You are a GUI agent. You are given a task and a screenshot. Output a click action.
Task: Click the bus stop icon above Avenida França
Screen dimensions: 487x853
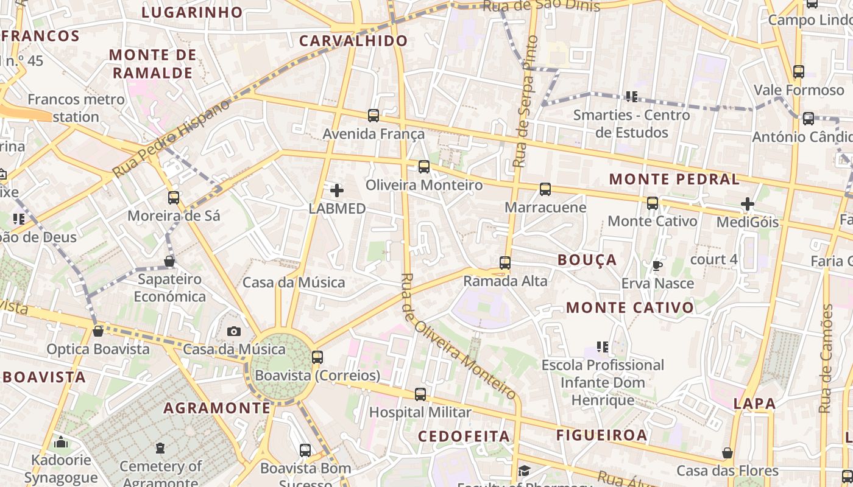tap(373, 115)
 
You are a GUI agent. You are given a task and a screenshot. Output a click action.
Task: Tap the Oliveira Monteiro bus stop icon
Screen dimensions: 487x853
tap(424, 166)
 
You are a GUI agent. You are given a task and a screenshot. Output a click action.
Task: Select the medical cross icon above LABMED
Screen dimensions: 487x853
tap(337, 191)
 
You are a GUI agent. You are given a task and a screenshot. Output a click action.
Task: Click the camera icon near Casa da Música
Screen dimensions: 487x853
tap(234, 331)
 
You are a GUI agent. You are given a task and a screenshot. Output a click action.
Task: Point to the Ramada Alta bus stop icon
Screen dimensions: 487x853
tap(505, 262)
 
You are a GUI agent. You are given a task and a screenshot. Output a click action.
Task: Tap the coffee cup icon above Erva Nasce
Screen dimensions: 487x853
tap(657, 265)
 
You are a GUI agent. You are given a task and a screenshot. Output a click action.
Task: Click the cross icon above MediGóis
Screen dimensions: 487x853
tap(748, 204)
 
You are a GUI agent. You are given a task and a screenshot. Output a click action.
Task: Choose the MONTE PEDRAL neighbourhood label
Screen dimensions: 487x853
tap(674, 179)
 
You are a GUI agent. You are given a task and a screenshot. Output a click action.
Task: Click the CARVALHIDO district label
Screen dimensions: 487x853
tap(353, 41)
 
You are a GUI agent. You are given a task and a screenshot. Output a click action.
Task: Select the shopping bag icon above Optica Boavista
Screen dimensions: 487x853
tap(98, 331)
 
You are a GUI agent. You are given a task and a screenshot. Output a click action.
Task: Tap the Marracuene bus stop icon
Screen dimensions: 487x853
tap(545, 189)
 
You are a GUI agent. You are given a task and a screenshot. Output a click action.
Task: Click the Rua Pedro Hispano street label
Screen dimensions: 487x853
tap(172, 139)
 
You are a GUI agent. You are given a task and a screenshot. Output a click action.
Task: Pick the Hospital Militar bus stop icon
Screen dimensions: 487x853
tap(420, 394)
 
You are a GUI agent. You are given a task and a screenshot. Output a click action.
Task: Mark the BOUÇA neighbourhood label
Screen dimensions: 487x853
tap(587, 260)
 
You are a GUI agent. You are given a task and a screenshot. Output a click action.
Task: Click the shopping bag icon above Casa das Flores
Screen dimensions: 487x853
tap(727, 453)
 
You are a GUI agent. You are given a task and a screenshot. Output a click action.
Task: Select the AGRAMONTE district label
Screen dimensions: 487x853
tap(216, 408)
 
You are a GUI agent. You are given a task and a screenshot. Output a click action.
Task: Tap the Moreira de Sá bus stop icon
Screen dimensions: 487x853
tap(174, 197)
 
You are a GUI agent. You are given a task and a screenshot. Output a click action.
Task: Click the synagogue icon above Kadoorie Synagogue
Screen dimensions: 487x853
tap(60, 442)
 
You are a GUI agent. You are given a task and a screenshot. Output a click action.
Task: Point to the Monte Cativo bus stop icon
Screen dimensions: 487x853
tap(653, 203)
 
